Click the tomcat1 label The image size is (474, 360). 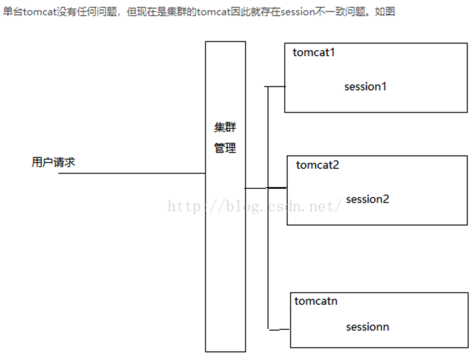tap(313, 52)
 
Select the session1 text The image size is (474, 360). tap(365, 87)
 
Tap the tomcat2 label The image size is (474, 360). tap(317, 165)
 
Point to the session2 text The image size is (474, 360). tap(367, 199)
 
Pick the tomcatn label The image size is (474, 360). tap(316, 301)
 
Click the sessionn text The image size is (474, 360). tap(367, 327)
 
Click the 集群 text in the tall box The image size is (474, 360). tap(225, 128)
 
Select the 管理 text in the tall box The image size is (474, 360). tap(225, 148)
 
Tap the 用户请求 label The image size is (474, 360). tap(53, 162)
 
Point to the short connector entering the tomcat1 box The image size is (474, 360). tap(276, 87)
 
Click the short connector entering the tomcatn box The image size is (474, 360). tap(279, 330)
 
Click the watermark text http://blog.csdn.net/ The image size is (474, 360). tap(255, 207)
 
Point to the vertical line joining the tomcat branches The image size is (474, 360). tap(267, 207)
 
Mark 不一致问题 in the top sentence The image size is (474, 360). tap(340, 12)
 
